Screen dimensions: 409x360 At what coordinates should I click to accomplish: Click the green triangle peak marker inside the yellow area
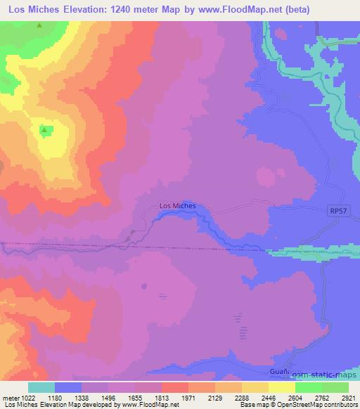(45, 129)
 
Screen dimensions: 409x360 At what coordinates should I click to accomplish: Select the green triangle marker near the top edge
(39, 26)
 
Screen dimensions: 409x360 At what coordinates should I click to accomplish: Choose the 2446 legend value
(258, 397)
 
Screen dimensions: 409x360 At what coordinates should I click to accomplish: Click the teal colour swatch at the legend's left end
(41, 387)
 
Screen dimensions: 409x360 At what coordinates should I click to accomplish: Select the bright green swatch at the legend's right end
(335, 387)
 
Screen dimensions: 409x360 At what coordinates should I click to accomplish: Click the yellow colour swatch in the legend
(281, 387)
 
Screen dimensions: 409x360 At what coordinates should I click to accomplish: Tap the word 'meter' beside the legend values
(9, 397)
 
